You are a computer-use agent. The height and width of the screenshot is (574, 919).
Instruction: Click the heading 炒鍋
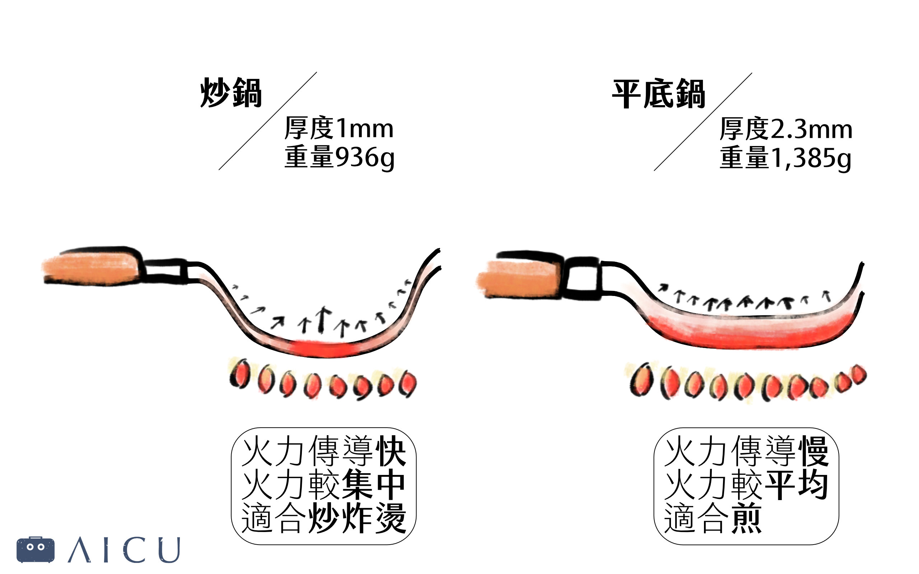pos(231,93)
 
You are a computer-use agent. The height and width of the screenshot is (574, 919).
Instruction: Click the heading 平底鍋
pos(658,94)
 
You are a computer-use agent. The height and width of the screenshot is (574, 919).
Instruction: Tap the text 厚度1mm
pos(339,128)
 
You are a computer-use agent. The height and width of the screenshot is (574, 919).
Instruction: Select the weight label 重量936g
pos(340,157)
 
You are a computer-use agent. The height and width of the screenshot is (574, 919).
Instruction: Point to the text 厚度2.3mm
pos(786,129)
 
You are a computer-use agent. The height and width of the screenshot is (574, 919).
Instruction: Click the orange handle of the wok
pos(91,267)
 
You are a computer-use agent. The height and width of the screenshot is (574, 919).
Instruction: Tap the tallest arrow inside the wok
pos(322,319)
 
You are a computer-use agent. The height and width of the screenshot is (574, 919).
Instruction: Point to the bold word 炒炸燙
pos(357,518)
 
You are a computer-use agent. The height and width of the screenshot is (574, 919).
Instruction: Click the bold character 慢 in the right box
pos(813,451)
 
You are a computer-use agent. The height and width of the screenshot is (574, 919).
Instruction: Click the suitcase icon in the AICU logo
pos(35,549)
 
